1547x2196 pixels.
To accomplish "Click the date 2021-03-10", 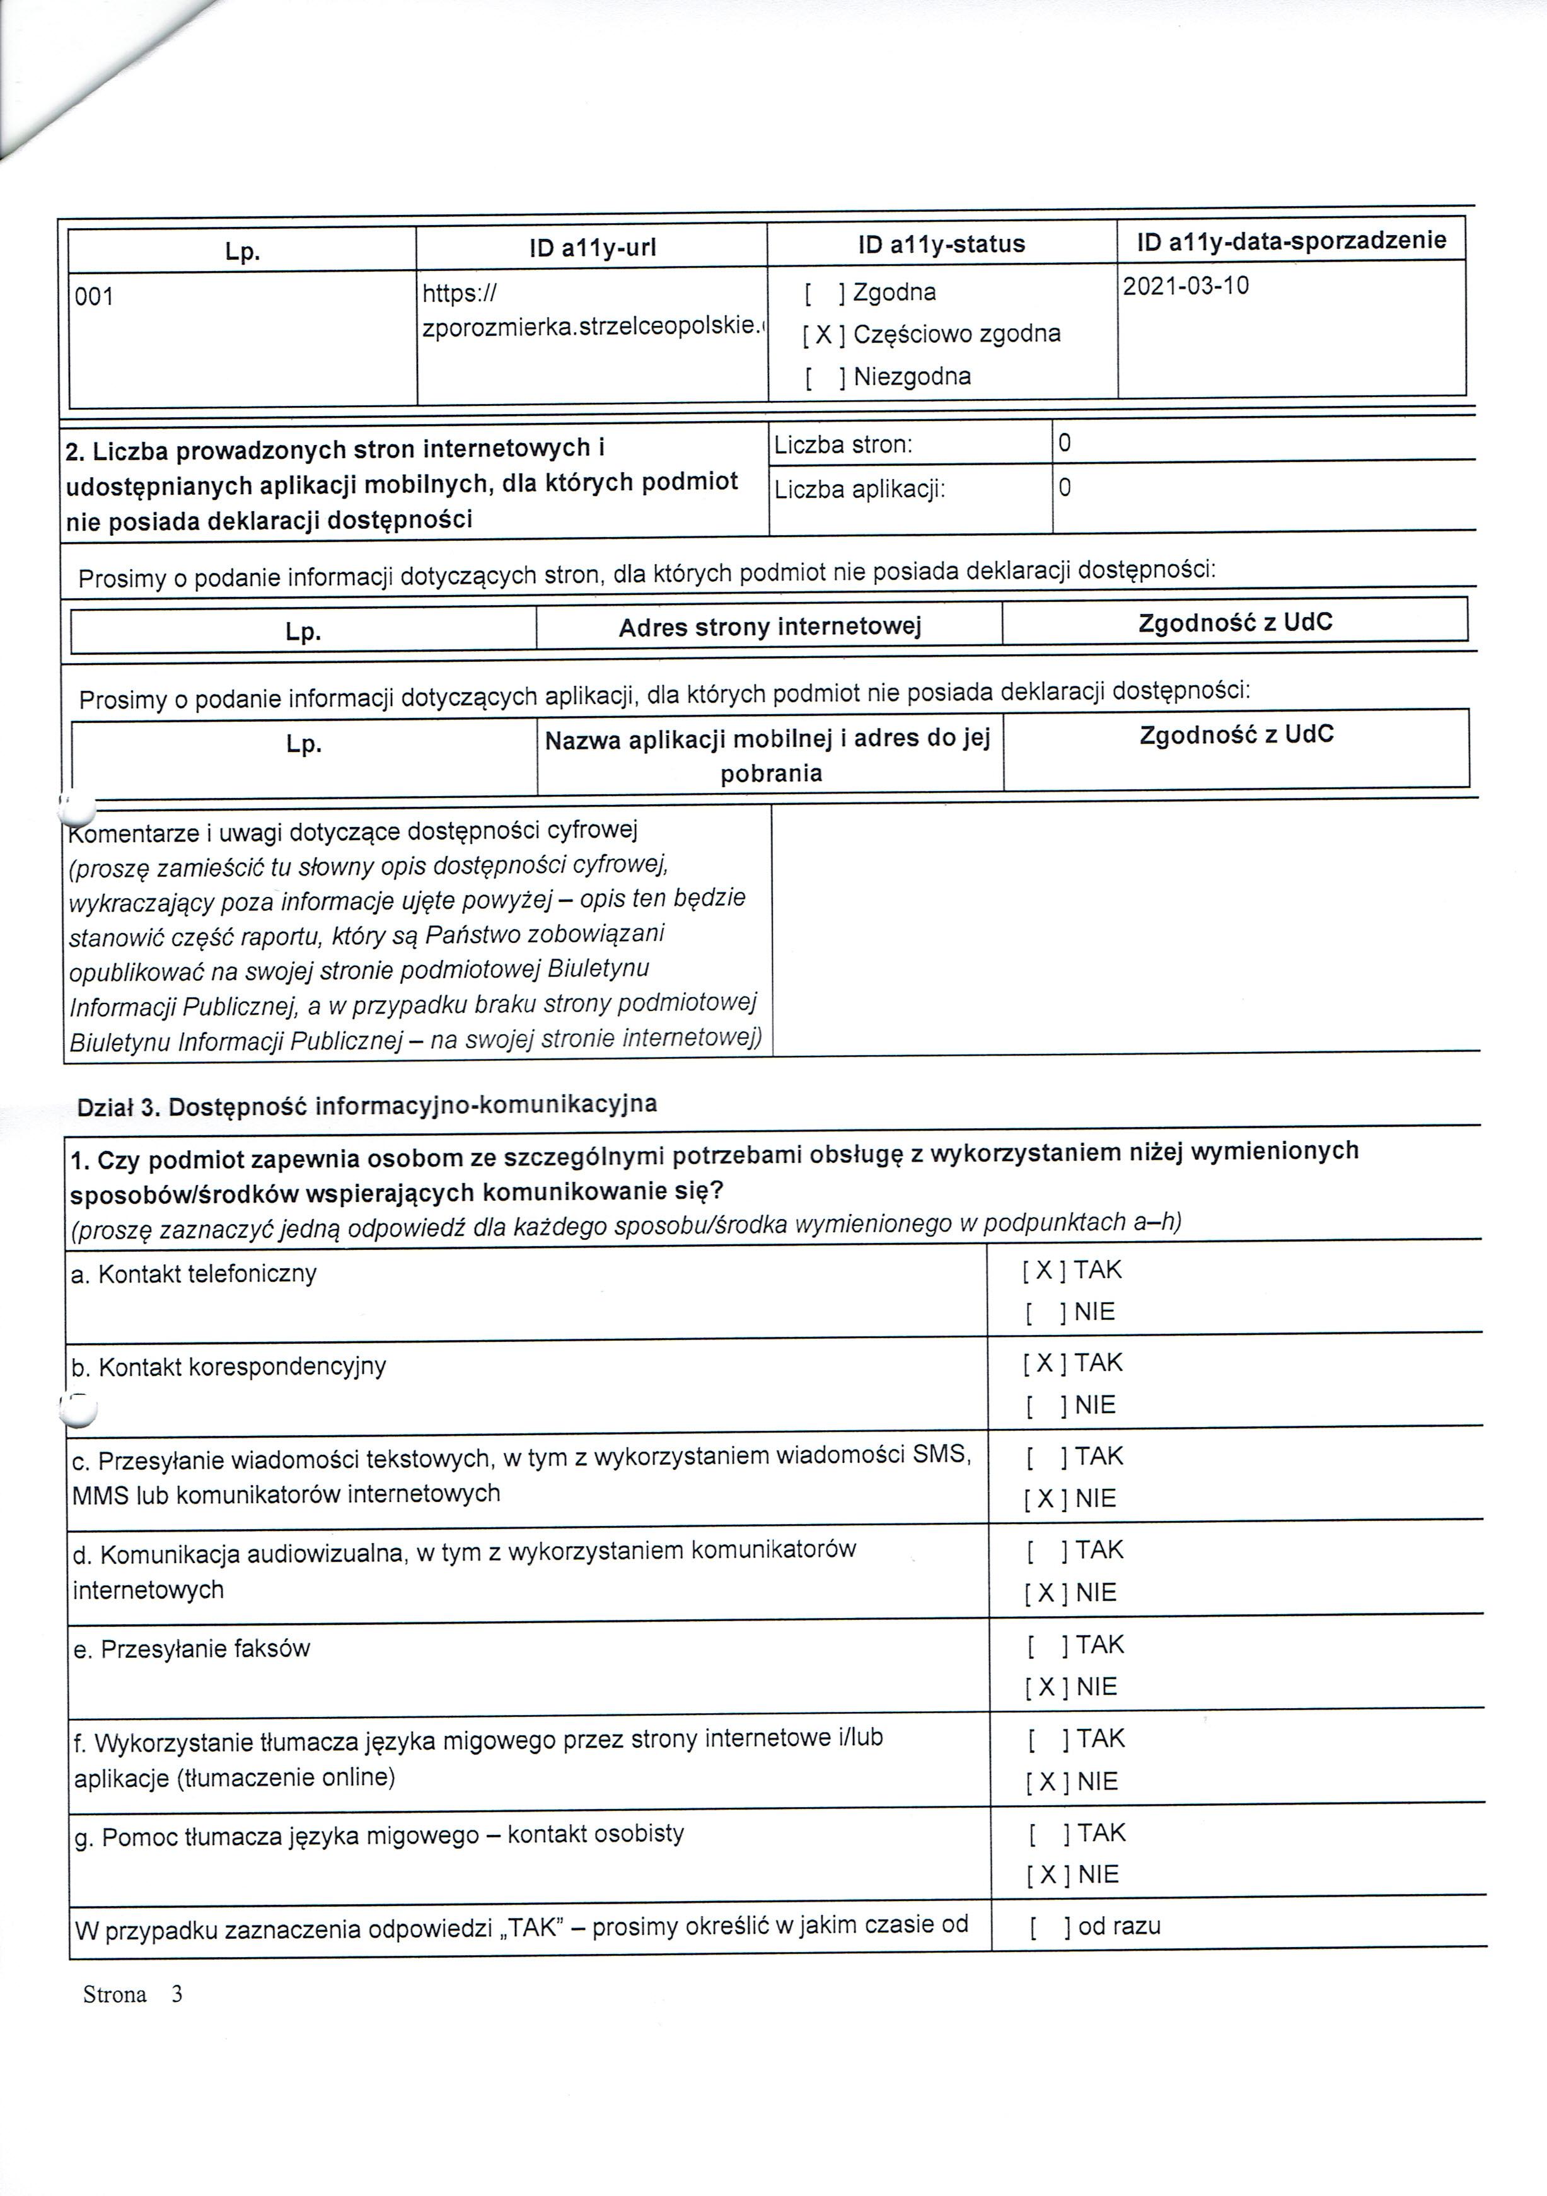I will point(1185,286).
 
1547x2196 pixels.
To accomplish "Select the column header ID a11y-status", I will point(941,245).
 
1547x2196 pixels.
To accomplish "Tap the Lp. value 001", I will point(94,298).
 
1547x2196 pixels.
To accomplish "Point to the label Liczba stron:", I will point(843,445).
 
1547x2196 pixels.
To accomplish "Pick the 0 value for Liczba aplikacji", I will point(1065,488).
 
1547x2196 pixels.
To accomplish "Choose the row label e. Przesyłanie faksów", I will point(192,1649).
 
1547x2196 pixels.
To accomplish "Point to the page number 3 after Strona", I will point(176,1994).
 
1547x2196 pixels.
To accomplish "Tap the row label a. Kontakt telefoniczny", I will point(194,1274).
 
